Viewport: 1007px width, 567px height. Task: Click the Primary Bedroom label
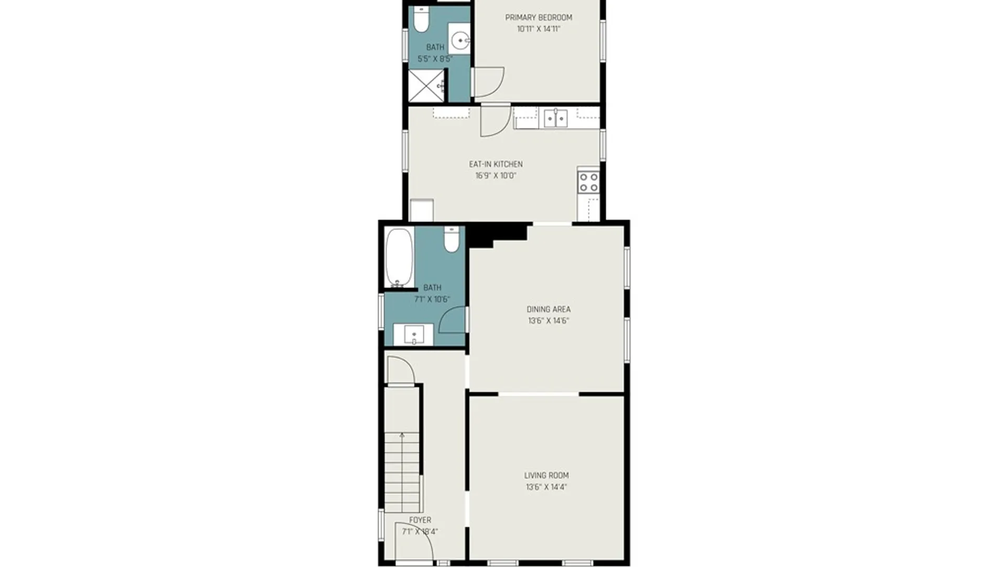[539, 17]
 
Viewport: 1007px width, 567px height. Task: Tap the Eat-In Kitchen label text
[496, 164]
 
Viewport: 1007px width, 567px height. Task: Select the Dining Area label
[549, 309]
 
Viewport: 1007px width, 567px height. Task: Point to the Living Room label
[547, 475]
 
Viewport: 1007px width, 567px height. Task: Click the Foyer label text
[420, 520]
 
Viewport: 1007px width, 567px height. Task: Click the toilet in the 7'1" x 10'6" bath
[452, 239]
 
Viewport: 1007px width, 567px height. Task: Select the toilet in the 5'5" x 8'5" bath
[421, 19]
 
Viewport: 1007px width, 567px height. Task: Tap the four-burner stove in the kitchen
[588, 182]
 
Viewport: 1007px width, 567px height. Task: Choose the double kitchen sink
[555, 118]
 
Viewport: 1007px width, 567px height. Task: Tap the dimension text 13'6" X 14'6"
[549, 321]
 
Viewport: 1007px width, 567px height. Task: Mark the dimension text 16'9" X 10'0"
[496, 176]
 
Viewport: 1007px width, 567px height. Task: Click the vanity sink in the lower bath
[414, 334]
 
